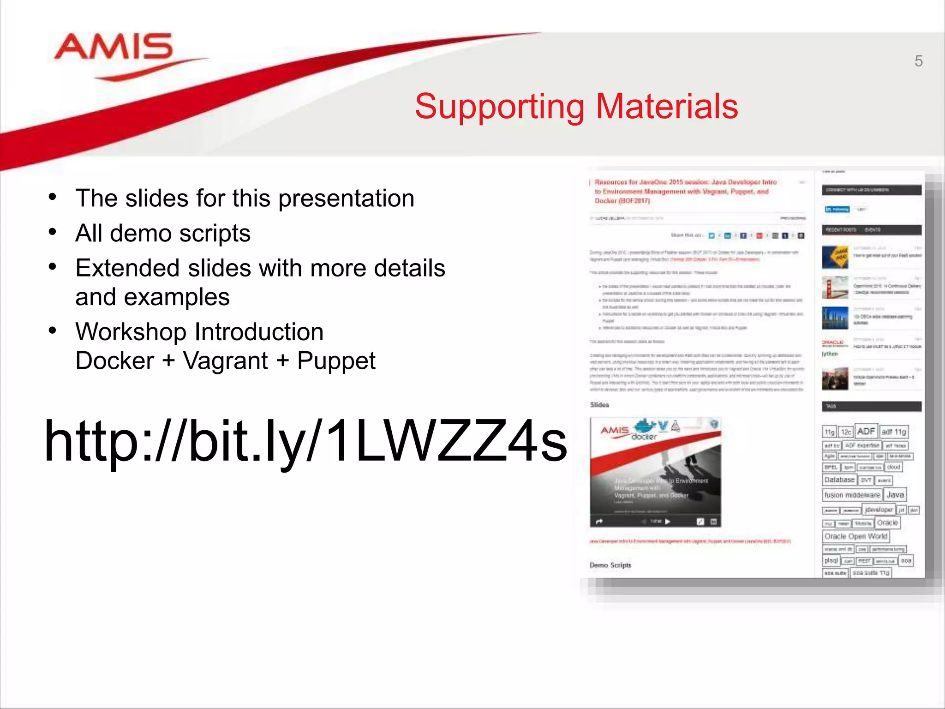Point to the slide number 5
(x=918, y=61)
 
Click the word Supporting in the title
(x=500, y=107)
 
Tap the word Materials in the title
(x=667, y=106)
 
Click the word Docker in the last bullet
(x=114, y=361)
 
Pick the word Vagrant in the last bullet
(x=225, y=361)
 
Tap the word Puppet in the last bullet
(x=336, y=361)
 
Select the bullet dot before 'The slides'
(x=53, y=197)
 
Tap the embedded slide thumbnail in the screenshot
(x=655, y=472)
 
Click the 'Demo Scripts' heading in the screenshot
(x=610, y=565)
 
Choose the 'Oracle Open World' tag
(x=855, y=536)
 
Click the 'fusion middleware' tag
(x=852, y=495)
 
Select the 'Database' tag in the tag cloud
(x=839, y=480)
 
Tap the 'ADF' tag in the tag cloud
(x=866, y=431)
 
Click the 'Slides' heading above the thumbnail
(x=599, y=405)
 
